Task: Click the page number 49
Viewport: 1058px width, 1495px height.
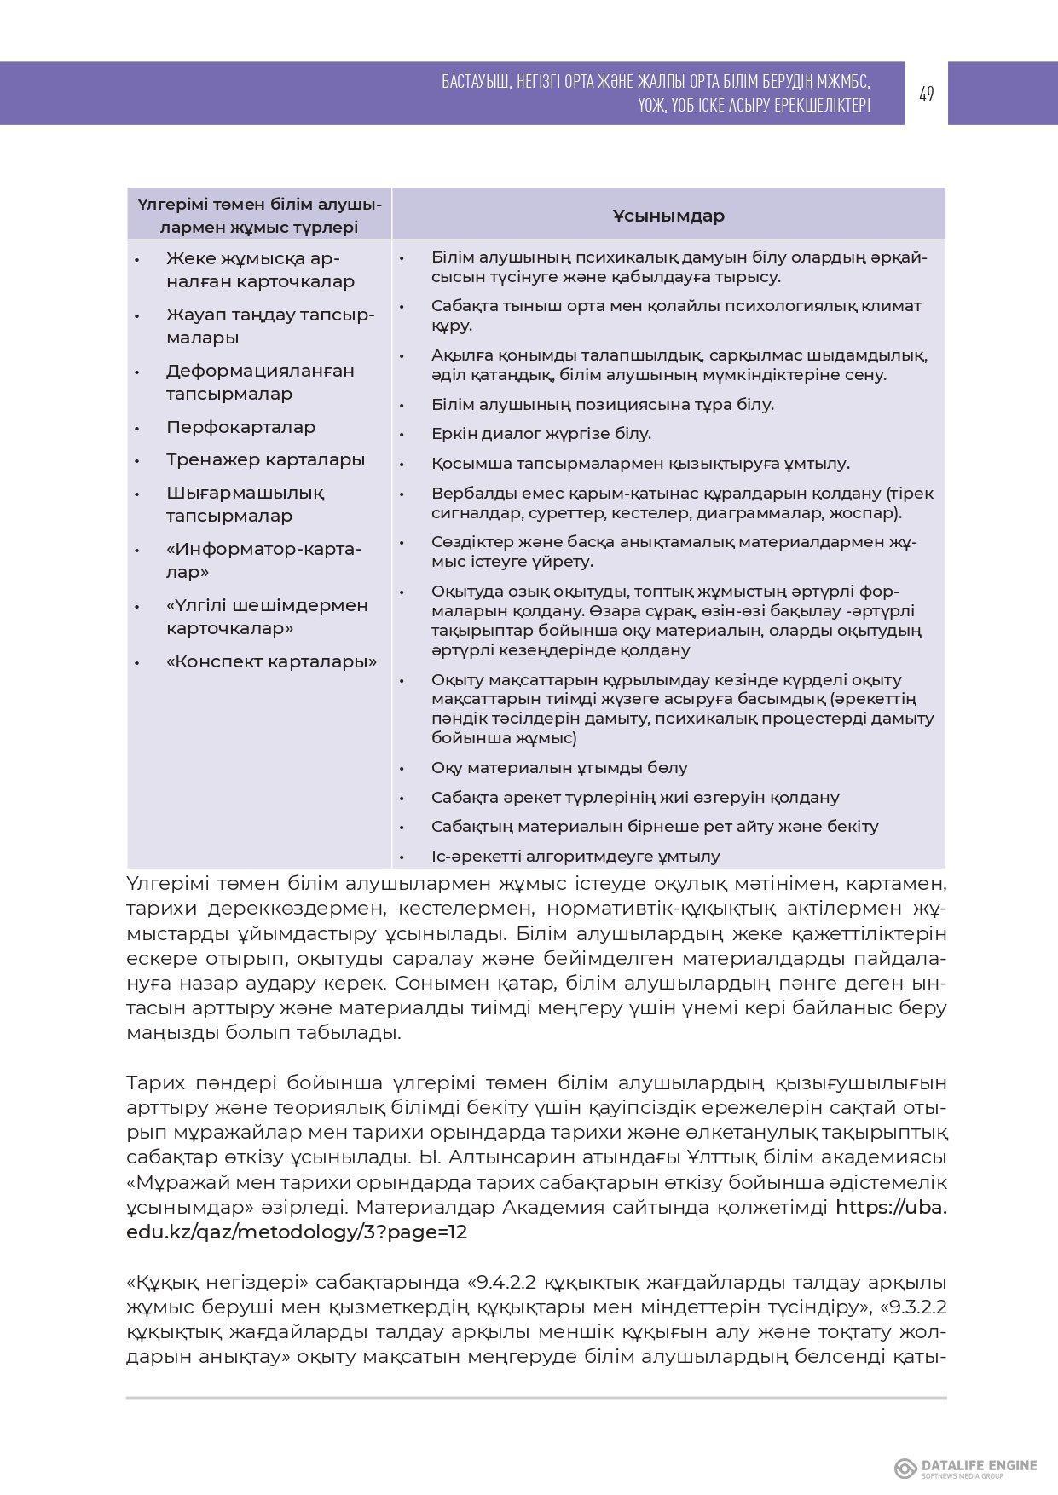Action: [926, 94]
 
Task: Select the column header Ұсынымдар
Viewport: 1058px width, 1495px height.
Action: [668, 216]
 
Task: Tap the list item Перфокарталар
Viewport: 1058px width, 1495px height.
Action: [240, 427]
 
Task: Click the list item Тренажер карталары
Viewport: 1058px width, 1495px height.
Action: [265, 460]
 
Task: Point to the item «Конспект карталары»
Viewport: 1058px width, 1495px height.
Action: [271, 662]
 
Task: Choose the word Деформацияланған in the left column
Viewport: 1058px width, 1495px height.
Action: [260, 372]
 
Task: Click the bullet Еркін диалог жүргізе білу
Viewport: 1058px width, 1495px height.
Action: [541, 434]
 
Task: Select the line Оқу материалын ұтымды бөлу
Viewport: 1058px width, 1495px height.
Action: [558, 768]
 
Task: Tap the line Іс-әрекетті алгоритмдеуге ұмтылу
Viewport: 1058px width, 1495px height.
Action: [575, 857]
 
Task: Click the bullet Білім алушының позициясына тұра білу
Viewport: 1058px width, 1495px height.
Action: [602, 405]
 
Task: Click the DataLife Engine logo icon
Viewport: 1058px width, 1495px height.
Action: [905, 1468]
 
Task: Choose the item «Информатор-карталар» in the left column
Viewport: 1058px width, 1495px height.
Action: [263, 561]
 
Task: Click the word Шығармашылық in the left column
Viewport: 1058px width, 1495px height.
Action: [245, 494]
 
